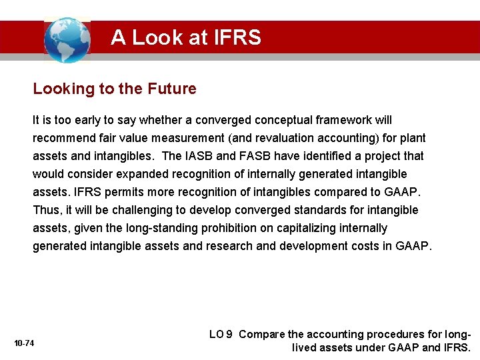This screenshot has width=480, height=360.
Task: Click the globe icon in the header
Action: [x=67, y=40]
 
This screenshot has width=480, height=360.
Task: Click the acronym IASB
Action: [x=199, y=156]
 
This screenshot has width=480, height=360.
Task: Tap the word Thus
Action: [x=45, y=210]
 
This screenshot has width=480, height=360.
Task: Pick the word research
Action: [x=230, y=246]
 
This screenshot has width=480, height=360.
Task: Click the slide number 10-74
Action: [x=24, y=343]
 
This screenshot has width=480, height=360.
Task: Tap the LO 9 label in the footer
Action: [x=221, y=335]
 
